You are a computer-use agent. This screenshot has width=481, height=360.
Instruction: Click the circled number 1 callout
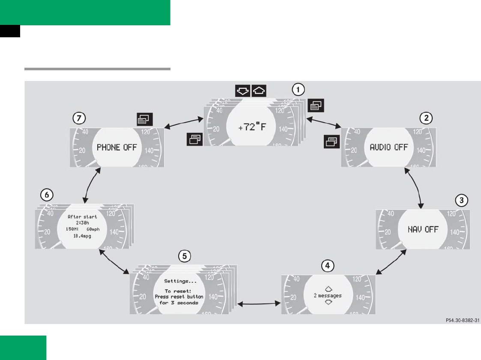point(298,89)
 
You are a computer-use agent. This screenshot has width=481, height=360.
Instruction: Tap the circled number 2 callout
point(425,118)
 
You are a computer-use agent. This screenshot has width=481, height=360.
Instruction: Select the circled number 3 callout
point(460,200)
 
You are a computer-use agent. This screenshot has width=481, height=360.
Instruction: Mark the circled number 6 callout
point(47,195)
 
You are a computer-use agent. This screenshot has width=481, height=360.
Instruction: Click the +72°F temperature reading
point(253,127)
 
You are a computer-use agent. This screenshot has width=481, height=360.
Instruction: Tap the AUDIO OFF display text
point(388,147)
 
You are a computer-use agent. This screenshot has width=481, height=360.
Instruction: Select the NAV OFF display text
point(423,229)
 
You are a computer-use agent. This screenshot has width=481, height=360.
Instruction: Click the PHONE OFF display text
point(117,147)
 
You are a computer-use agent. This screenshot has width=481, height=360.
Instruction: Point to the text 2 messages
point(328,296)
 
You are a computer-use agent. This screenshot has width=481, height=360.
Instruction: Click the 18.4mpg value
point(82,236)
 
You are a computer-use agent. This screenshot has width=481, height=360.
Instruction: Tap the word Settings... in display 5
point(178,281)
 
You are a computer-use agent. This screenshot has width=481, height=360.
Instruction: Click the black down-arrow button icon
point(242,90)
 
